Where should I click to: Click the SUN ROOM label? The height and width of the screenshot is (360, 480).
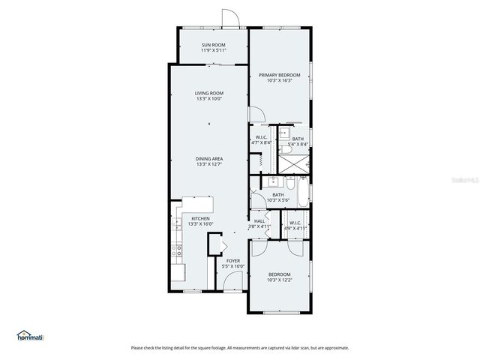click(x=213, y=48)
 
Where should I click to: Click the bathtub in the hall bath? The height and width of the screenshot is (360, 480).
click(x=301, y=192)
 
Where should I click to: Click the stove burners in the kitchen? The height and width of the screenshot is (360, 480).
click(x=177, y=250)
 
